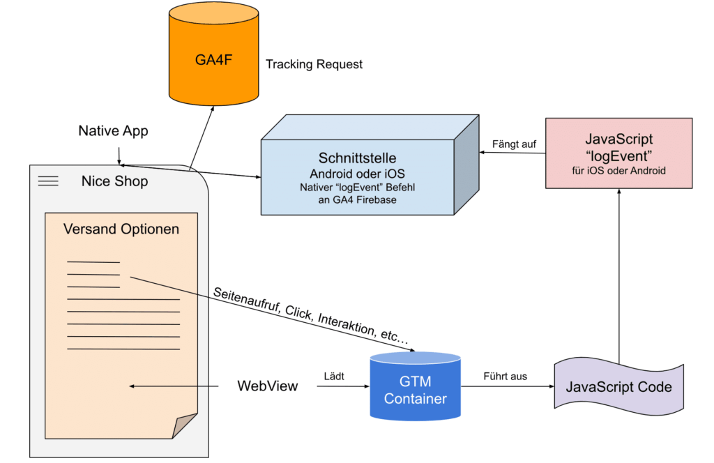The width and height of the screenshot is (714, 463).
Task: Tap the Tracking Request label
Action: point(314,65)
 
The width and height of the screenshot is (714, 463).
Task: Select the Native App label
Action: point(113,130)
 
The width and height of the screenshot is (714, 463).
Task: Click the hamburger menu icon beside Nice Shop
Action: point(48,181)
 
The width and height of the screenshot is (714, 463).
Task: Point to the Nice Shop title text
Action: point(114,182)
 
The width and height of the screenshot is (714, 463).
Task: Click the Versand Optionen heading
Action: point(121,229)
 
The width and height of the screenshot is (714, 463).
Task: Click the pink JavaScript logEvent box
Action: point(619,153)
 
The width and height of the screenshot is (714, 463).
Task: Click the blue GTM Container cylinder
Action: point(415,387)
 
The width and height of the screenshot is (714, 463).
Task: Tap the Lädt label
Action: point(335,377)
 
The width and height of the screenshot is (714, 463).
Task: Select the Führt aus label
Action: point(505,377)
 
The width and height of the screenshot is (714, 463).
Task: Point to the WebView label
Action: point(267,386)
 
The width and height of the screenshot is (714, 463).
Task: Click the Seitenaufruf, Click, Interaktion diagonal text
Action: point(312,314)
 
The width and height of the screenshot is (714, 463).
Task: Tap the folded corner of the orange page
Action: point(184,425)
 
